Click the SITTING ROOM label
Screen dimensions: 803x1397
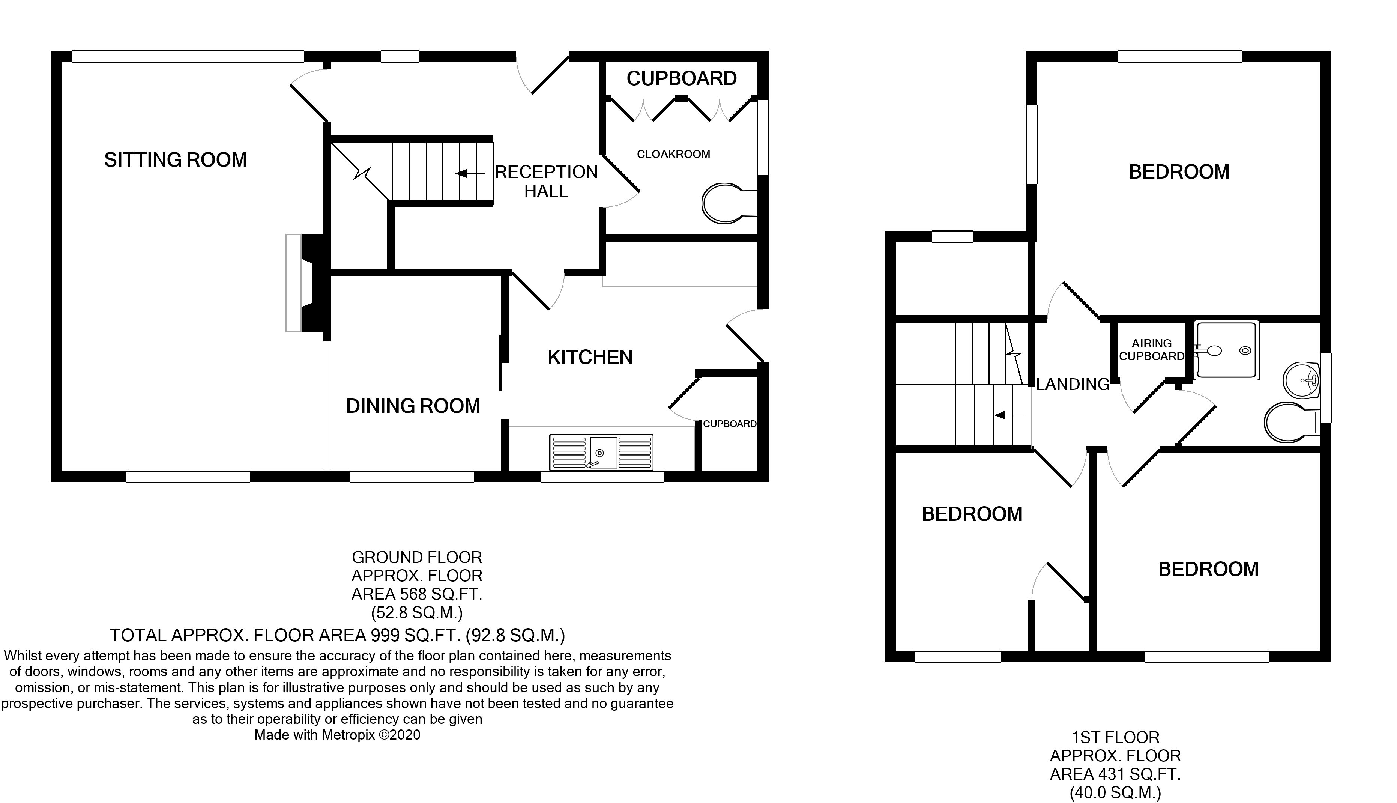point(175,160)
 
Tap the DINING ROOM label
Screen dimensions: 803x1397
point(413,406)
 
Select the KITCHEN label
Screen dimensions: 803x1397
point(590,357)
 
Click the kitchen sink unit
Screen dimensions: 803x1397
point(601,452)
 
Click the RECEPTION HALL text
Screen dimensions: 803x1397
point(546,182)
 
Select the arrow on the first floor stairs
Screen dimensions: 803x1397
point(1008,415)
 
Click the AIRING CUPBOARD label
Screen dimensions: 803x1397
point(1151,350)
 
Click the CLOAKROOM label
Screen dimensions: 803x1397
point(673,155)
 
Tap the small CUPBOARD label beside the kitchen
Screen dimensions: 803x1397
point(729,424)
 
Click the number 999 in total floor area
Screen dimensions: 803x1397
point(384,635)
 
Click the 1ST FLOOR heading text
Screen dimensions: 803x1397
point(1115,737)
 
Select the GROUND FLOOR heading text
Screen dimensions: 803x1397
point(417,557)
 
